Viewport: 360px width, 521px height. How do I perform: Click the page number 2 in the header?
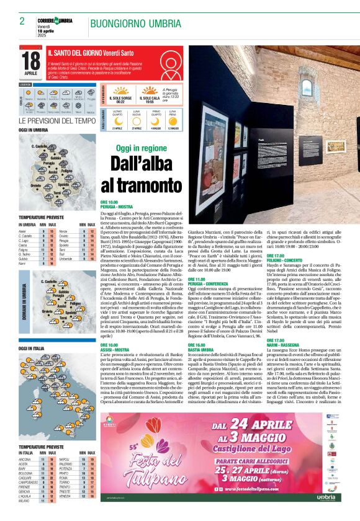coord(22,21)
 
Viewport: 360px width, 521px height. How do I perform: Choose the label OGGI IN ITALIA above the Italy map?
coord(31,349)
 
